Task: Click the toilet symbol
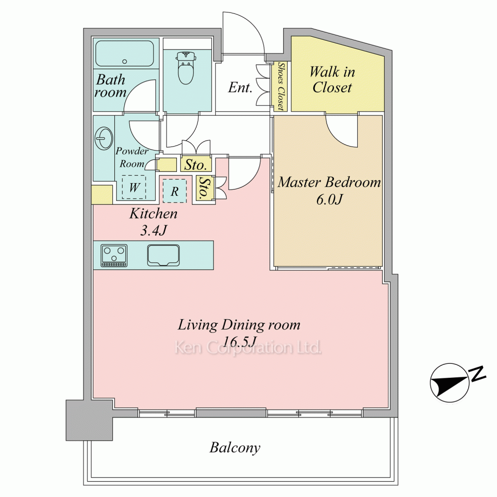(186, 69)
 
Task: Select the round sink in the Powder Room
(103, 138)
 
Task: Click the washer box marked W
(134, 187)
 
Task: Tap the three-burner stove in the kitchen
(114, 255)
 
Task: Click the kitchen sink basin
(163, 255)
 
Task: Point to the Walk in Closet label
(332, 80)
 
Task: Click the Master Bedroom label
(330, 182)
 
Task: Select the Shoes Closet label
(280, 86)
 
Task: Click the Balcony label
(235, 448)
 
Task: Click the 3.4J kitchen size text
(154, 231)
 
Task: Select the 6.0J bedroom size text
(330, 199)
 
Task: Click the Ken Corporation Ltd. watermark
(248, 348)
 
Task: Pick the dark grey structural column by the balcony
(89, 420)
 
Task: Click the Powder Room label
(132, 158)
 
